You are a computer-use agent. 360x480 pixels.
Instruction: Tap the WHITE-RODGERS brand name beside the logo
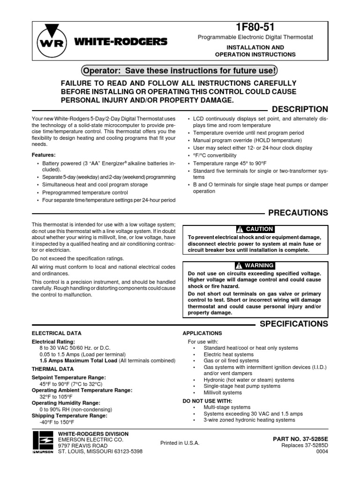[120, 42]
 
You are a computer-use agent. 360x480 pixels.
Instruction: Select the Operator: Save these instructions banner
[180, 70]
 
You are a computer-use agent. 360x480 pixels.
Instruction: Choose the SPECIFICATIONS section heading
[294, 324]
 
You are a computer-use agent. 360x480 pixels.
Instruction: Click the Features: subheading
[43, 154]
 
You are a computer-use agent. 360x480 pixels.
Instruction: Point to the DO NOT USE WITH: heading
[207, 401]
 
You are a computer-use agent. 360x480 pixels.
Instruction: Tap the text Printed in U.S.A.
[180, 443]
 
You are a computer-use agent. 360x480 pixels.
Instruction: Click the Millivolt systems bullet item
[223, 392]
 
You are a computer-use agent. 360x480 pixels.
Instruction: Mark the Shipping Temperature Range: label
[69, 415]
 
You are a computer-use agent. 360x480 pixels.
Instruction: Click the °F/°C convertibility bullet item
[215, 155]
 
